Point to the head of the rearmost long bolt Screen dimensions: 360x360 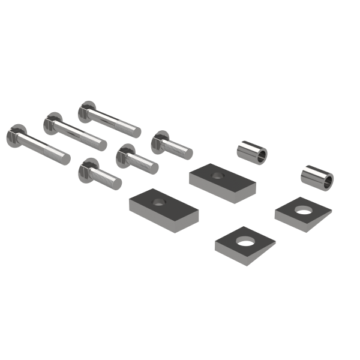[86, 110]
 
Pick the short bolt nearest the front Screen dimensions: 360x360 [100, 173]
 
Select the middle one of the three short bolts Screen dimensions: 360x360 [137, 158]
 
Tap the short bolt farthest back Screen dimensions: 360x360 [172, 145]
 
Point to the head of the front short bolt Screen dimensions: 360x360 [88, 167]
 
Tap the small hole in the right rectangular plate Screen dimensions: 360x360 [218, 175]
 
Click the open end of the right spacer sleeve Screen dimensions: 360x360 [328, 181]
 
